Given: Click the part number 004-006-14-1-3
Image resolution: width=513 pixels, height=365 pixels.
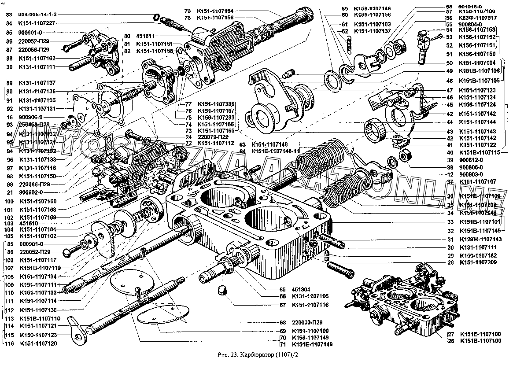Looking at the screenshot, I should tap(37, 15).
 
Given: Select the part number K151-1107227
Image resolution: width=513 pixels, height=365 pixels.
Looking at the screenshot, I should tap(37, 23).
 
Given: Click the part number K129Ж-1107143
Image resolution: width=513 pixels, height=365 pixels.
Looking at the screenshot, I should tap(480, 239).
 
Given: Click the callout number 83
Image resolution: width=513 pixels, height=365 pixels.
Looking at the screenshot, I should tap(9, 15).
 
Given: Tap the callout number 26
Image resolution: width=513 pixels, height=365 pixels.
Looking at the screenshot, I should tap(450, 340).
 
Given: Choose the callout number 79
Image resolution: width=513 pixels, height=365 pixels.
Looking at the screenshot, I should tap(188, 11).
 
